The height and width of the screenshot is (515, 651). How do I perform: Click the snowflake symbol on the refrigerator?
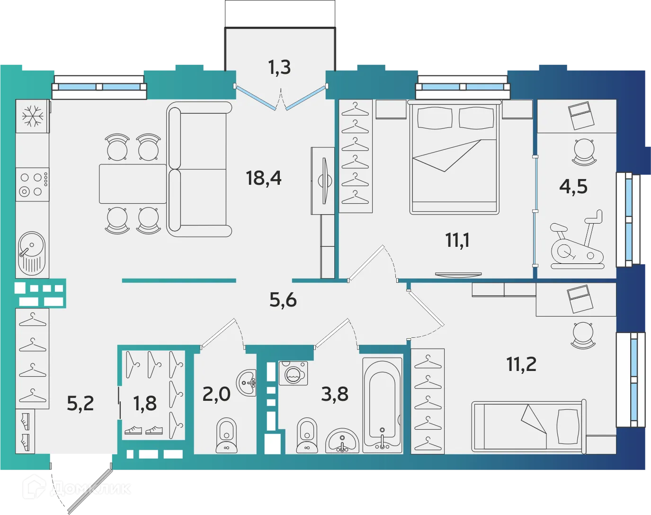pos(33,116)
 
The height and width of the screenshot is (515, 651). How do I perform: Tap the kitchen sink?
pos(32,252)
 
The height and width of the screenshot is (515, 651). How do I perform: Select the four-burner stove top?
pos(33,184)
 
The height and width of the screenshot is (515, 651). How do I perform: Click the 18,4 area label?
pos(264,178)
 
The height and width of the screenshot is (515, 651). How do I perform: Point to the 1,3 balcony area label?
pos(279,68)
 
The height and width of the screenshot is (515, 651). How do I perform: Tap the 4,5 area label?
pos(573,187)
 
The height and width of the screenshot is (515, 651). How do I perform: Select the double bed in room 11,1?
pos(454,159)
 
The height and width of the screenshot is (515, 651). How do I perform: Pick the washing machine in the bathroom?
pos(293,373)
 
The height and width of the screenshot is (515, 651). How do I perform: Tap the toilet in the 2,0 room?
pos(226,435)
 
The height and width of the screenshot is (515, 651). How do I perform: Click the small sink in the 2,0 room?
pos(248,381)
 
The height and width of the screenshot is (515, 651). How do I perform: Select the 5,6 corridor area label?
pos(283,300)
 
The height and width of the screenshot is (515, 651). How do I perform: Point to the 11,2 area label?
pos(521,364)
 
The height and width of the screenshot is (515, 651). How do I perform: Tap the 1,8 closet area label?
pos(144,404)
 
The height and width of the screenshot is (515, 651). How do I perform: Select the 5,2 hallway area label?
pos(80,404)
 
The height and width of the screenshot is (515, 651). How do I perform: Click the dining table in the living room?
pos(133,184)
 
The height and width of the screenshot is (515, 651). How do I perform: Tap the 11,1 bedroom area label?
pos(457,240)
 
